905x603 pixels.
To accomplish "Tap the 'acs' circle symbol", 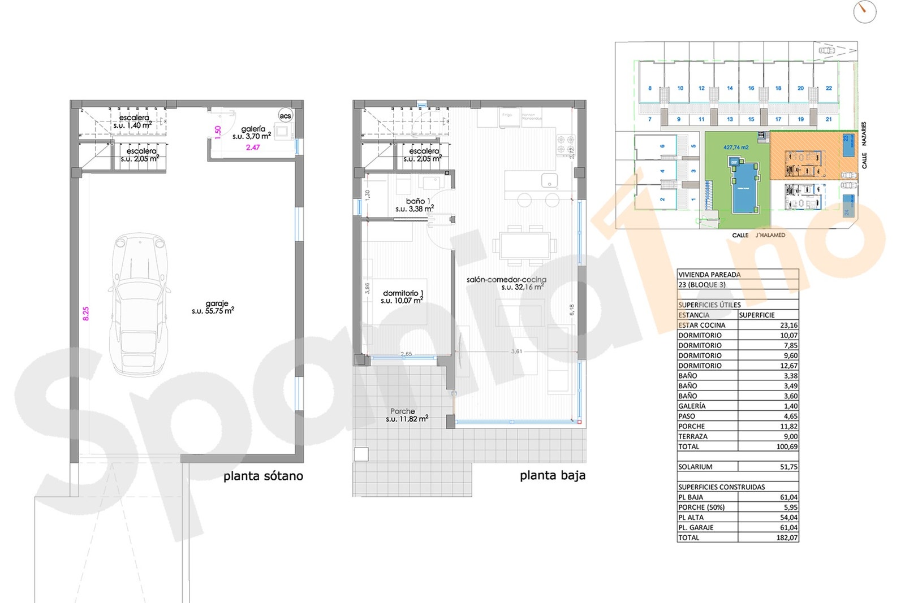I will point(285,116).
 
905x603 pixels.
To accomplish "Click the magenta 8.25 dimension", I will point(86,314).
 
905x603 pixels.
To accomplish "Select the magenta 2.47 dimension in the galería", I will point(253,148).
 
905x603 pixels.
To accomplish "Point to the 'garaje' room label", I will point(217,304).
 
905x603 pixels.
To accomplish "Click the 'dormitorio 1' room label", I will point(403,293).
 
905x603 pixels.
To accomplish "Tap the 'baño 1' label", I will point(418,201).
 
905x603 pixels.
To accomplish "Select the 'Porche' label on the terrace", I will point(402,411).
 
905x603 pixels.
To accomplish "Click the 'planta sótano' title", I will point(263,476).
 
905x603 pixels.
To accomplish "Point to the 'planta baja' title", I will point(553,476).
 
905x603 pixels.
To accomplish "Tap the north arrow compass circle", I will point(864,11).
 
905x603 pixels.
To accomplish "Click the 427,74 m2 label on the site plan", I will point(736,148).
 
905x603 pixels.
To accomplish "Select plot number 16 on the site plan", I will point(751,88).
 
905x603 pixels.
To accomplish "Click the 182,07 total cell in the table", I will point(787,538).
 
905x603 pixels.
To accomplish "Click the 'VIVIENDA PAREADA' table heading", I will point(709,275).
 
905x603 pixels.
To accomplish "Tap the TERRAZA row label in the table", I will point(693,437).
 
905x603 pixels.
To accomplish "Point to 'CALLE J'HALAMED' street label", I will point(759,235).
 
